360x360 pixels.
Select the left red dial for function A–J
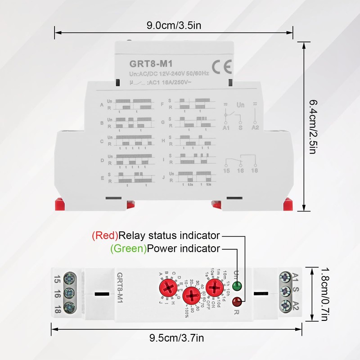167,287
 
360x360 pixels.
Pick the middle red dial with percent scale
191,296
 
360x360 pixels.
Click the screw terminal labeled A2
284,307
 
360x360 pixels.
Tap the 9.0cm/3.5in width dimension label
174,25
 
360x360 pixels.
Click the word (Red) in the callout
105,235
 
